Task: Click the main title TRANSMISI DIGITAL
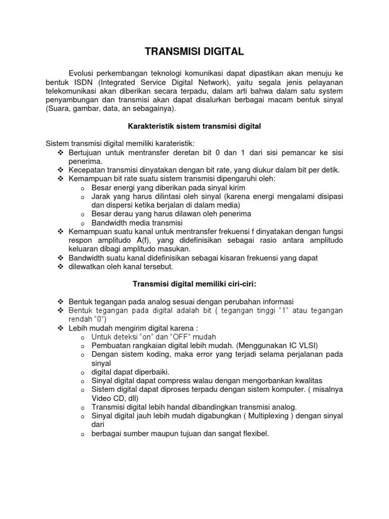tap(194, 51)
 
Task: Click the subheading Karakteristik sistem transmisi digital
tap(194, 126)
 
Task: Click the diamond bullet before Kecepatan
tap(60, 170)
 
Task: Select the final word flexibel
tap(254, 433)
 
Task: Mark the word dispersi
tap(120, 205)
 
